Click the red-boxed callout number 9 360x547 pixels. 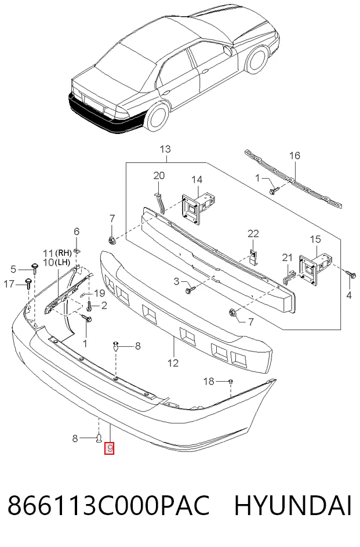pyautogui.click(x=110, y=448)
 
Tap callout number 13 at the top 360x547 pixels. pyautogui.click(x=166, y=149)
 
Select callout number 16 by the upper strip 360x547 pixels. pyautogui.click(x=295, y=155)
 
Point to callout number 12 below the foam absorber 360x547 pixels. pyautogui.click(x=173, y=363)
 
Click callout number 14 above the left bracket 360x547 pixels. pyautogui.click(x=197, y=180)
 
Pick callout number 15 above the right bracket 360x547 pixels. pyautogui.click(x=315, y=240)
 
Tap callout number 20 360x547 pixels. pyautogui.click(x=159, y=176)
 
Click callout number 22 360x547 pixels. pyautogui.click(x=253, y=233)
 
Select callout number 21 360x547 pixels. pyautogui.click(x=287, y=258)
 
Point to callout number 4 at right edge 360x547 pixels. pyautogui.click(x=349, y=295)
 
